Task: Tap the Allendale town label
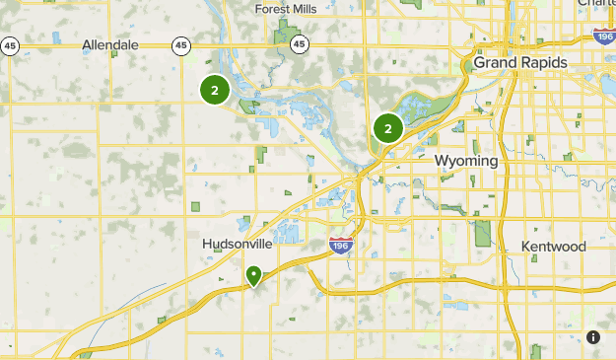111,45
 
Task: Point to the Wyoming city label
466,160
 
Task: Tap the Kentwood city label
555,246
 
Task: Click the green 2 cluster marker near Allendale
215,91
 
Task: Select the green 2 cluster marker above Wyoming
388,128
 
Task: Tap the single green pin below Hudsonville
254,275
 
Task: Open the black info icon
592,336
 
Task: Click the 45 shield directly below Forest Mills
300,44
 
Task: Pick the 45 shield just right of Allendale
180,45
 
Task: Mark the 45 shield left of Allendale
10,45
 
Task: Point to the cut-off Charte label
595,4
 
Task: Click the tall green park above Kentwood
482,233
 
